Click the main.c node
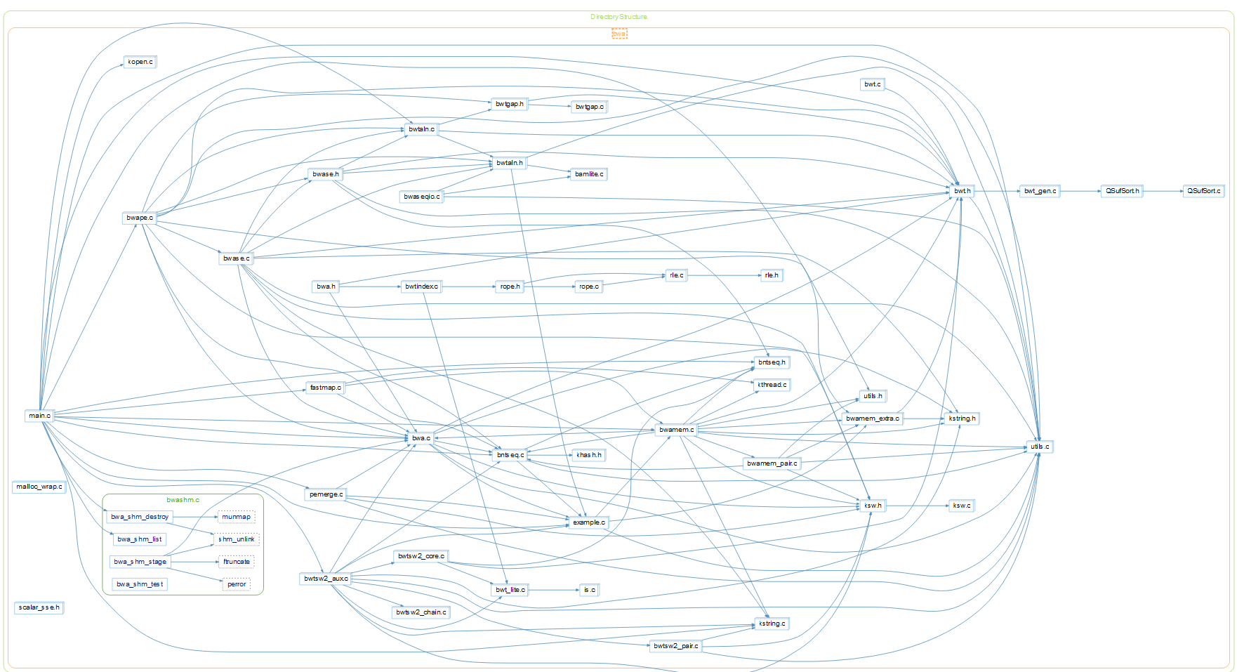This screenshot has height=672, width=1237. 39,416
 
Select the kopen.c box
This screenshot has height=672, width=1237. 140,62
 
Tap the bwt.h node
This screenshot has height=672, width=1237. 962,191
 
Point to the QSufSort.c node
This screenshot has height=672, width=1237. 1203,191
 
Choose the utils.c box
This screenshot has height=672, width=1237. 1039,447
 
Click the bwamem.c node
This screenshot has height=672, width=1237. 676,430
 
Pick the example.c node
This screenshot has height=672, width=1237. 588,522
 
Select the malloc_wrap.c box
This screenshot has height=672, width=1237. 39,487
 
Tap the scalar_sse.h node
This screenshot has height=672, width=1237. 39,607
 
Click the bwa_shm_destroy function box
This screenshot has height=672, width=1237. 140,517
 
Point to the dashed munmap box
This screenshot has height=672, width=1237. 236,517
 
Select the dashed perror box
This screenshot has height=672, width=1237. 237,584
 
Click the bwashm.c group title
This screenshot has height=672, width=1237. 183,500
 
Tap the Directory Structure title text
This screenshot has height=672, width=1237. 618,17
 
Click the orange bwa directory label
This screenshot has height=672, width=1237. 618,34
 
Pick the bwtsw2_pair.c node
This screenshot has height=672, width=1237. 675,646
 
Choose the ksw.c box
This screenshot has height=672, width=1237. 961,506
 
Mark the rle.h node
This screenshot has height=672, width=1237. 771,275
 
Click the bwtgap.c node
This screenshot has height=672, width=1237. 589,107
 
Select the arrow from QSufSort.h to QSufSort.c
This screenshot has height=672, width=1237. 1163,191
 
